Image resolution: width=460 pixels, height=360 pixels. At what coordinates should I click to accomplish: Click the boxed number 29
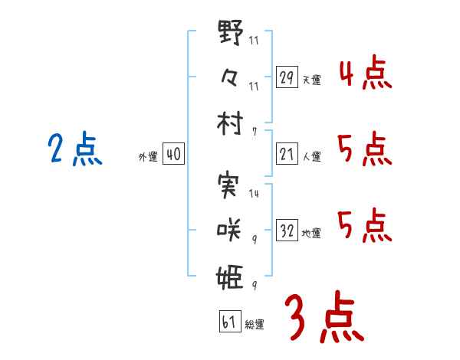pyautogui.click(x=287, y=77)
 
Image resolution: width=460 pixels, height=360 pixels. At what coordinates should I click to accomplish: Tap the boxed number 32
pyautogui.click(x=287, y=231)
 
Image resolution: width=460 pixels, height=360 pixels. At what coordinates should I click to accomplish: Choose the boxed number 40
pyautogui.click(x=172, y=155)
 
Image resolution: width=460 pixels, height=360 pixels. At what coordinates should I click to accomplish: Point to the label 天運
pyautogui.click(x=311, y=80)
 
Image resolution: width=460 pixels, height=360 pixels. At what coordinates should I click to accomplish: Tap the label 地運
pyautogui.click(x=311, y=233)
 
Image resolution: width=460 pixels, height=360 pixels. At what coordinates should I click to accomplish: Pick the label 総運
pyautogui.click(x=255, y=324)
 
